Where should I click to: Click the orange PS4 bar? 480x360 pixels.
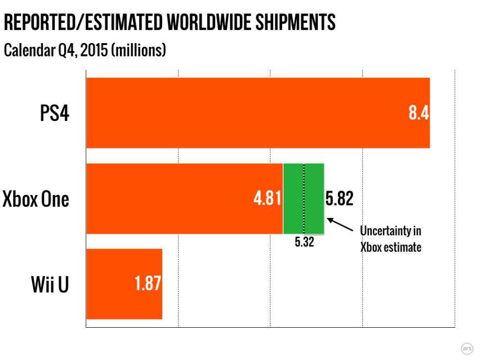point(245,113)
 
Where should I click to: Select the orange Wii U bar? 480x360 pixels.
point(113,284)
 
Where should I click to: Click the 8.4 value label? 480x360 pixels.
point(419,113)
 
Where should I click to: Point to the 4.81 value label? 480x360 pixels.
point(267,199)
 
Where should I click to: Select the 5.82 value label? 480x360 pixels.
point(339,199)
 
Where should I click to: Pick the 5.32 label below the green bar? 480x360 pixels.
point(304,242)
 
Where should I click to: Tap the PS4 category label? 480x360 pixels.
point(54,113)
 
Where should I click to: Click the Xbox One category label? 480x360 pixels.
point(36,199)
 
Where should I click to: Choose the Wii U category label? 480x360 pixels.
point(50,285)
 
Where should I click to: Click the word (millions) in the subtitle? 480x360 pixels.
point(139,50)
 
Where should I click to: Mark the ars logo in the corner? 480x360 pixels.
point(467,348)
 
